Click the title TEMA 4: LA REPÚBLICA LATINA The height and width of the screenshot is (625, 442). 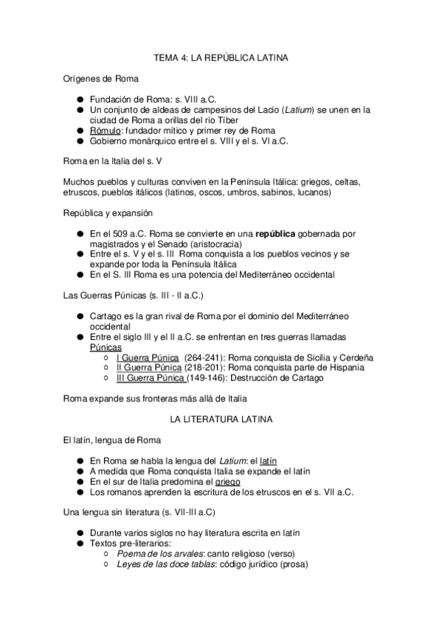point(221,57)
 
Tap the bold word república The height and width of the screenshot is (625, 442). point(275,234)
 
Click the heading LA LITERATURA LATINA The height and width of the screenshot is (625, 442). point(221,419)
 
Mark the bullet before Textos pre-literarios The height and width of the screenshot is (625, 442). point(80,543)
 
